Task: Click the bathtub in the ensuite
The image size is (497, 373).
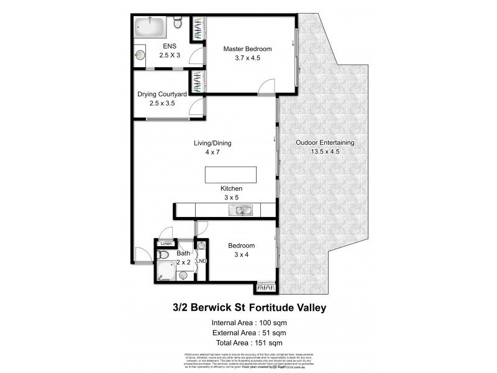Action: (150, 28)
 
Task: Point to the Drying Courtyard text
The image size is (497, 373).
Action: (162, 94)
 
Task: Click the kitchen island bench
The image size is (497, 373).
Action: (230, 175)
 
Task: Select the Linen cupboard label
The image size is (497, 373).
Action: (165, 244)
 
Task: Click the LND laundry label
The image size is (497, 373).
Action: (201, 260)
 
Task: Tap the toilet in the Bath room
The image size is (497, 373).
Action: (183, 274)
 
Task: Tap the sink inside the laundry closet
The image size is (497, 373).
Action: (201, 246)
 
